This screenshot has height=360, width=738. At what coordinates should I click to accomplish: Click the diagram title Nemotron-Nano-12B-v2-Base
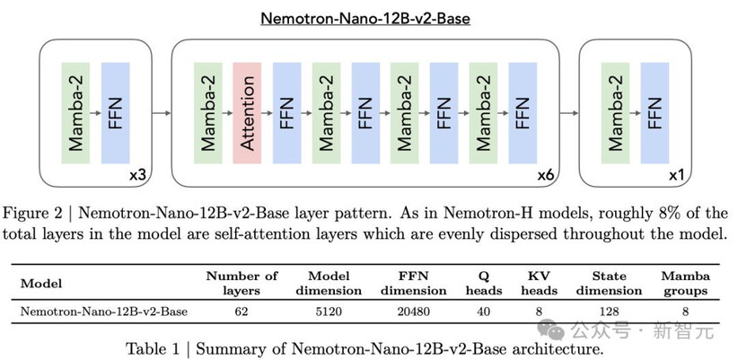pos(365,18)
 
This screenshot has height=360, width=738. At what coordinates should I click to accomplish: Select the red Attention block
pos(248,113)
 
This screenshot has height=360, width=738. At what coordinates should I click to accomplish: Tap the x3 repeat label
pos(137,176)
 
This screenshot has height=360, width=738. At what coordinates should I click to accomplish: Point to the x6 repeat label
pos(546,176)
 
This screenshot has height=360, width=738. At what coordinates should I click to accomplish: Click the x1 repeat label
pos(676,176)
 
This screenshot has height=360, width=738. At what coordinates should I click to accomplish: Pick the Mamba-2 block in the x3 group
pos(75,113)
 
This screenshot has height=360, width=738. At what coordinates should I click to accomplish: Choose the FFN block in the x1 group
pos(655,113)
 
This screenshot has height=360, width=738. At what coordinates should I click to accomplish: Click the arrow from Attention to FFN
pos(268,113)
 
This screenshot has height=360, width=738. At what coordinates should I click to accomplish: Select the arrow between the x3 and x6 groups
pos(162,113)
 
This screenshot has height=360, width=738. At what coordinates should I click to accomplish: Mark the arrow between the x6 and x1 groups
pos(569,113)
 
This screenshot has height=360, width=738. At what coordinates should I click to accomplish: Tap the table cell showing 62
pos(241,312)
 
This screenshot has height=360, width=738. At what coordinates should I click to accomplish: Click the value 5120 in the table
pos(329,312)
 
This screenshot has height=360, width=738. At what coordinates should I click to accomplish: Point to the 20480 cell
pos(414,312)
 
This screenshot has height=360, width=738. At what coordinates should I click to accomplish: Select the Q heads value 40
pos(483,312)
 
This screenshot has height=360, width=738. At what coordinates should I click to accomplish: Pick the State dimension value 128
pos(609,312)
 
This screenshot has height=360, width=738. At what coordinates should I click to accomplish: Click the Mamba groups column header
pos(685,284)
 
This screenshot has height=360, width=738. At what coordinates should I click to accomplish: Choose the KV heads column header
pos(539,284)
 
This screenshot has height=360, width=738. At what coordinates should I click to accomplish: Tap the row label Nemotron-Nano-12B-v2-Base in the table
pos(104,312)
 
